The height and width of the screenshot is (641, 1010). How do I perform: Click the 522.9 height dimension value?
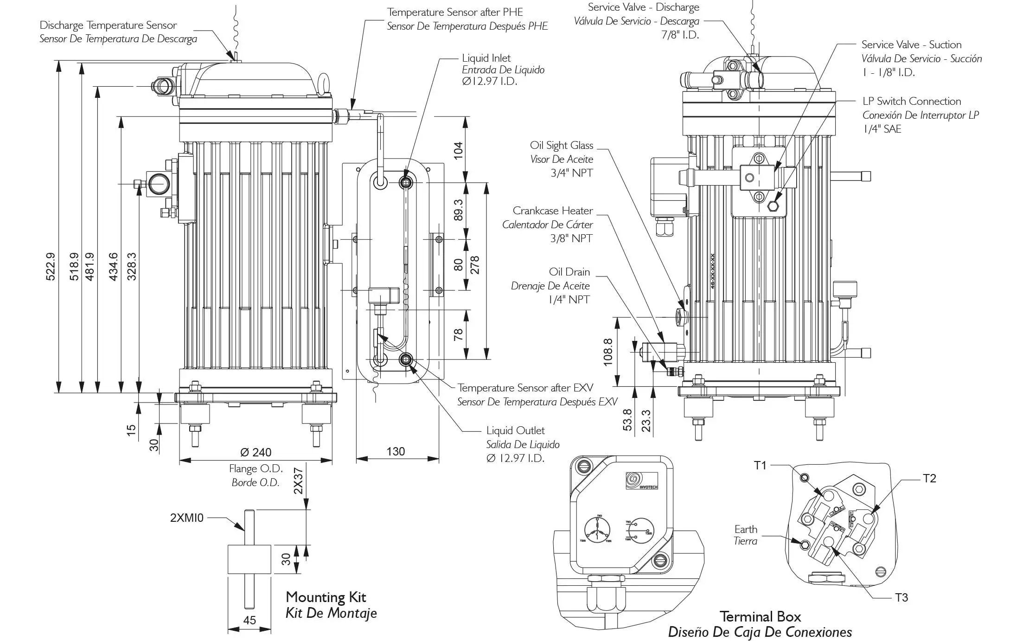[51, 266]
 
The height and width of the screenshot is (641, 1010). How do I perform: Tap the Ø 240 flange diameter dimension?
[256, 452]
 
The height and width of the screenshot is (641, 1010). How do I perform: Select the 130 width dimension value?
[396, 451]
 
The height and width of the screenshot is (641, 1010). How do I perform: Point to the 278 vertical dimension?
[475, 265]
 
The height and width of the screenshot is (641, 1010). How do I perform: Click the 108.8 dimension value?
[608, 352]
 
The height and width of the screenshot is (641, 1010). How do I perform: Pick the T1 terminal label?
[760, 465]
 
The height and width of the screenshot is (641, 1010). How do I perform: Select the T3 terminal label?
[901, 597]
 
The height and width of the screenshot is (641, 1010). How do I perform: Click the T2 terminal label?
[929, 478]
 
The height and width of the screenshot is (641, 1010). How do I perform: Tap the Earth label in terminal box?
[746, 529]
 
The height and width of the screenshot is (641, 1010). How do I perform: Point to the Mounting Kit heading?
[326, 597]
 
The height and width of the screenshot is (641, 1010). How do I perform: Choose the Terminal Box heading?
[760, 616]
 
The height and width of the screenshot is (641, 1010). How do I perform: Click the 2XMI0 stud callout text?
[187, 518]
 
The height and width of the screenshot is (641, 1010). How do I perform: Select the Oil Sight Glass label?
[561, 145]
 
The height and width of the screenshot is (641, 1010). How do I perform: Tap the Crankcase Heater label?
[552, 211]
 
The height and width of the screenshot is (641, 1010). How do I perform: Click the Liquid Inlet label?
[486, 58]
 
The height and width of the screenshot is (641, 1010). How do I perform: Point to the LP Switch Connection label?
[911, 101]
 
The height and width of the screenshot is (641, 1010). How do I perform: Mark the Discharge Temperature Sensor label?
[108, 25]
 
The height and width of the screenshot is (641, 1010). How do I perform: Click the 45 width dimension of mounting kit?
[249, 620]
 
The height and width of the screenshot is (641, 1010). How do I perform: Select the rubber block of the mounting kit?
[249, 559]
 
